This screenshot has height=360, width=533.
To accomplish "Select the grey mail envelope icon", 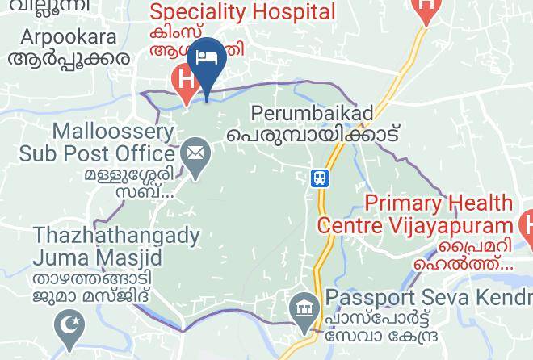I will (x=195, y=152).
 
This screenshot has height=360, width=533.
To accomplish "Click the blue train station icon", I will (x=321, y=178).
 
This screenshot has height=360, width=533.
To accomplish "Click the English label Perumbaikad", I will (x=311, y=114).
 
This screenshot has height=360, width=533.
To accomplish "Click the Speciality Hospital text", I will (x=243, y=12).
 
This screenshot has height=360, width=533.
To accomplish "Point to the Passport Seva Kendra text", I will (x=428, y=298).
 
